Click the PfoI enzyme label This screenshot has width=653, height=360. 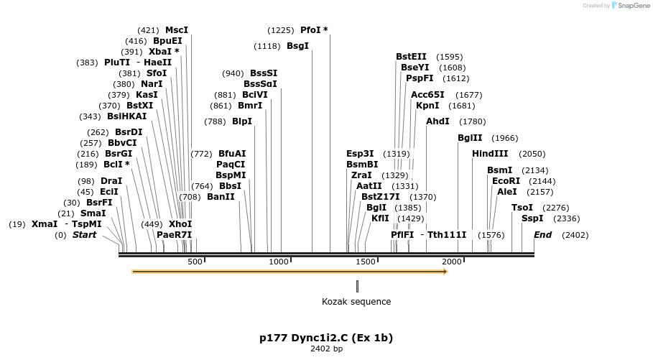coord(310,30)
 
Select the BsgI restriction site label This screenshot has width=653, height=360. coord(297,46)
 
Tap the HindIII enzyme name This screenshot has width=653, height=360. coord(490,154)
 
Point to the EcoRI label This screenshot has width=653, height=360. coord(506,181)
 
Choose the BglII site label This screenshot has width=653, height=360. coord(471,138)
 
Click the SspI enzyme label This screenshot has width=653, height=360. coord(532,218)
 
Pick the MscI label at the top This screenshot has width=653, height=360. coord(177,30)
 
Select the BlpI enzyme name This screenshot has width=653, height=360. coord(242,121)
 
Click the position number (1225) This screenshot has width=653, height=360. coord(281,30)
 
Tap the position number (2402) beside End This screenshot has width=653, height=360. coord(575,235)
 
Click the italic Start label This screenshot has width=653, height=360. coord(84,235)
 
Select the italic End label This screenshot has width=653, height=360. coord(542,235)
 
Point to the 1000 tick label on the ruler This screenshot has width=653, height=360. coord(279,262)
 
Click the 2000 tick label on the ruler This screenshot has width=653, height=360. coord(451,262)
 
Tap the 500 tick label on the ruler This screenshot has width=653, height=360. coord(195,262)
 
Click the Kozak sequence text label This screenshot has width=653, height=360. coord(356,302)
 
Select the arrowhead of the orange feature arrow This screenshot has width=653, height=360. coord(445,272)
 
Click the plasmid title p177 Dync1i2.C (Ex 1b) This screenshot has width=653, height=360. coord(326,337)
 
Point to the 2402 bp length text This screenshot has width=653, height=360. coord(326,349)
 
